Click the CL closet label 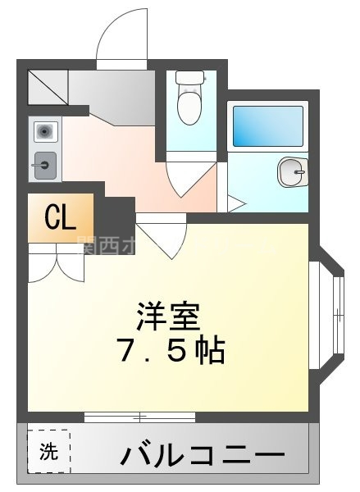tap(61, 217)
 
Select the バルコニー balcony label tap(205, 453)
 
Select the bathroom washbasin tap(291, 171)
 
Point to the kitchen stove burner tap(44, 130)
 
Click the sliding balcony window tap(139, 417)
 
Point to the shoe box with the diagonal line tap(48, 86)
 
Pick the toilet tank tap(190, 78)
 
